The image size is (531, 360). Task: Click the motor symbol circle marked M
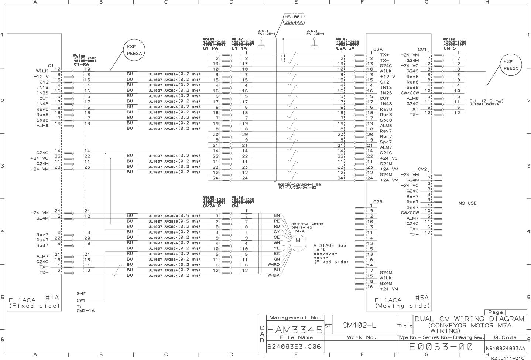298,241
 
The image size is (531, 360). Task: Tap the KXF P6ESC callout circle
511,65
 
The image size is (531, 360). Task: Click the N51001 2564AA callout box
294,20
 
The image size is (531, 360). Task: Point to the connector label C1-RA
81,64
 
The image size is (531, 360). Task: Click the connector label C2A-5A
345,48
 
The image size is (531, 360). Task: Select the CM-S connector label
449,48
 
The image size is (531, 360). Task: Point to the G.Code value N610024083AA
505,348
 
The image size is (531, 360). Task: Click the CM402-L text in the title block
359,325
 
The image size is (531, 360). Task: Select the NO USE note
467,203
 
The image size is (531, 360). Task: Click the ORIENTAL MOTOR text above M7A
307,224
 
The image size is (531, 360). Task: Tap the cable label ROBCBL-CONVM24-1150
299,184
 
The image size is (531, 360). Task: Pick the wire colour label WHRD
274,265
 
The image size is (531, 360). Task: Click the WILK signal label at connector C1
42,71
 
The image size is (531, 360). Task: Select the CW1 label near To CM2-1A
81,300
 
